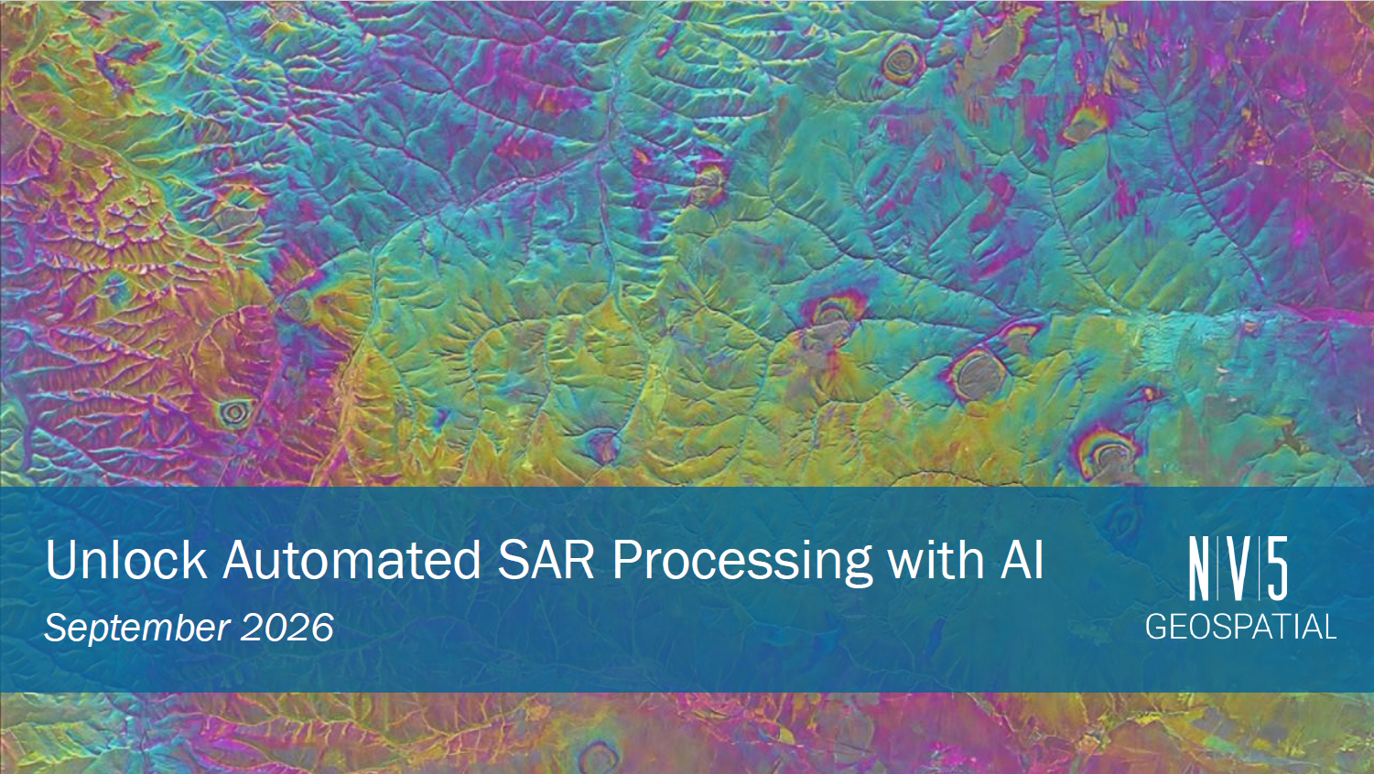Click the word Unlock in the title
coord(125,559)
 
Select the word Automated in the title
coord(352,559)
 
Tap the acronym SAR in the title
coord(546,559)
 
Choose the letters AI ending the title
coord(1022,559)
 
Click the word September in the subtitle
coord(137,629)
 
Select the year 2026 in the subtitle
coord(287,628)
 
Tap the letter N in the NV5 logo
coord(1198,569)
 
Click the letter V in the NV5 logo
coord(1238,569)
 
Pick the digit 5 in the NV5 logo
coord(1278,569)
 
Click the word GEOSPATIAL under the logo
coord(1241,628)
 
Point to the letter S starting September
coord(57,628)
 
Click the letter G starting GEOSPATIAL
coord(1157,628)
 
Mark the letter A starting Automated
coord(241,559)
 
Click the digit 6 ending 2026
coord(323,628)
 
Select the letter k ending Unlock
coord(196,559)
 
